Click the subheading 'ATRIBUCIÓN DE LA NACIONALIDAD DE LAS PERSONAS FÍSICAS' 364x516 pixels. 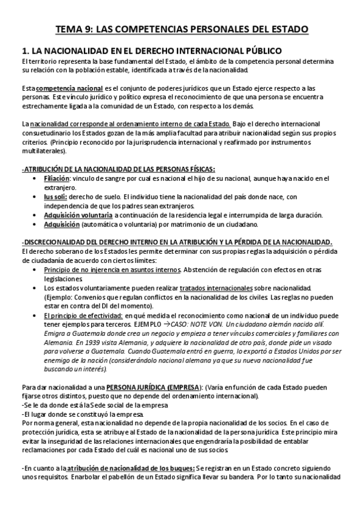tap(118, 169)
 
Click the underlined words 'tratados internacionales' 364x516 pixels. tap(216, 287)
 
